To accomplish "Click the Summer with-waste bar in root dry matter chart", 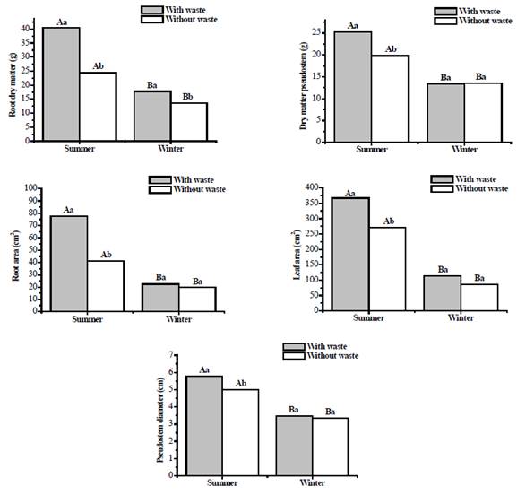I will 61,83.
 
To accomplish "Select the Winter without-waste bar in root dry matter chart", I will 189,121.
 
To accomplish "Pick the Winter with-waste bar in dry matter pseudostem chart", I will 444,112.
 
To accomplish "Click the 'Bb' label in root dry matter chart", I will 189,95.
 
